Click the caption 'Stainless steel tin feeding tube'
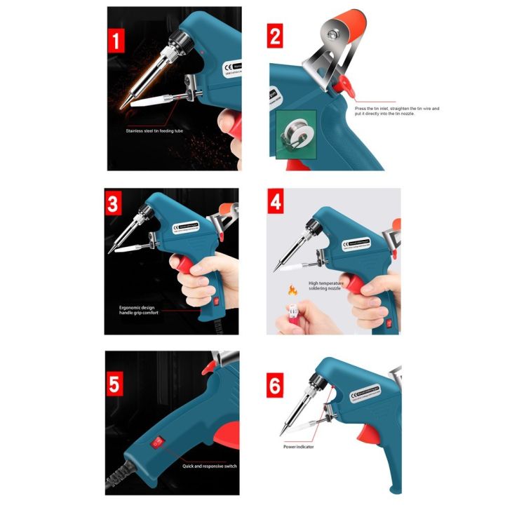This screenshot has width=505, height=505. [154, 130]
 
